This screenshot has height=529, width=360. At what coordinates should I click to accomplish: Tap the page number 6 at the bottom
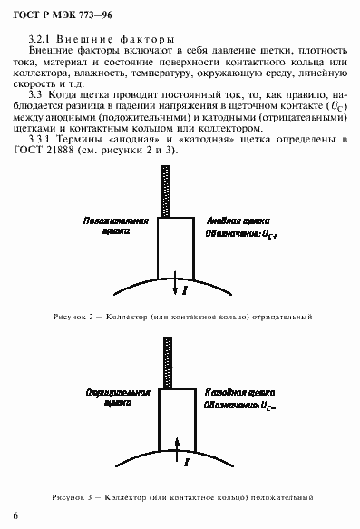click(x=15, y=514)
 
